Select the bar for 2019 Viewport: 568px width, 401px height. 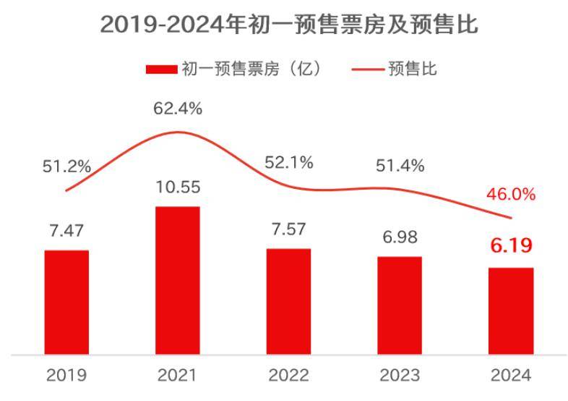click(66, 302)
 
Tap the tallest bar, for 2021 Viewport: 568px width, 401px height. click(178, 280)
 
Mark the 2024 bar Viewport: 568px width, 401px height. click(511, 311)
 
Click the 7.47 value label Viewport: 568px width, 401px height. click(66, 232)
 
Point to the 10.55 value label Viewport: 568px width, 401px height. click(178, 187)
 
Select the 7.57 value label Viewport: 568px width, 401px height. click(288, 229)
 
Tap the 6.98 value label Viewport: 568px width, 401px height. click(400, 237)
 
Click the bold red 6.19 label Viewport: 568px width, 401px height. click(511, 245)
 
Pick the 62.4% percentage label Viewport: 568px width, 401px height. click(178, 109)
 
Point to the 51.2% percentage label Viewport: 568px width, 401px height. click(66, 167)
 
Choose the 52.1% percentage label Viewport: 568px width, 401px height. click(288, 163)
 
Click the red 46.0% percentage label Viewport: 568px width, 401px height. click(511, 194)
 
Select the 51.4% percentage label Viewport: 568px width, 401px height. click(400, 167)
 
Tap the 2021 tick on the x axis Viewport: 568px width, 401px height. click(178, 376)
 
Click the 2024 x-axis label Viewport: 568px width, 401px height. click(511, 376)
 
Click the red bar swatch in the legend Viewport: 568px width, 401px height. click(160, 69)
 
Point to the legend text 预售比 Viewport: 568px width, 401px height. click(413, 69)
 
